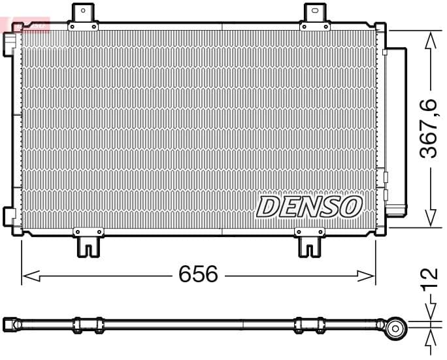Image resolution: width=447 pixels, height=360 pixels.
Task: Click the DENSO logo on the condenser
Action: [309, 206]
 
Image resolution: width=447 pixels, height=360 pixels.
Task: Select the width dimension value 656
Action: [198, 274]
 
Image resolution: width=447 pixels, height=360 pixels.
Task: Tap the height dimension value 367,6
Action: [429, 129]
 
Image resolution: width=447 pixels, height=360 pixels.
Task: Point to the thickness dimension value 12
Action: [429, 279]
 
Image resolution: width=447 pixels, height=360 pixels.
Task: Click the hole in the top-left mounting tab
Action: [82, 10]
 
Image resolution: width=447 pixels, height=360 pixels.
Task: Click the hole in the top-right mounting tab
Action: [314, 10]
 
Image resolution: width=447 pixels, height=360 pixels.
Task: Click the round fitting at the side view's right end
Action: [395, 328]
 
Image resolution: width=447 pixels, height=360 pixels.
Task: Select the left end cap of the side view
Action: [9, 323]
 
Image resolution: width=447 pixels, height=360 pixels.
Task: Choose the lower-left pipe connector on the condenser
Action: [9, 216]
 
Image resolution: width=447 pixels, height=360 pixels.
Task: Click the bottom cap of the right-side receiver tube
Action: [395, 209]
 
